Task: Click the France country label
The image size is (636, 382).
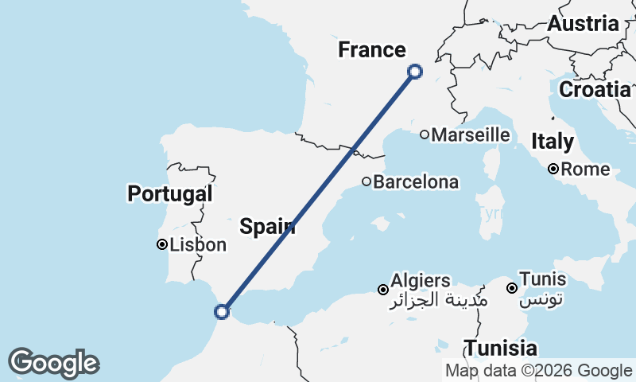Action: [371, 50]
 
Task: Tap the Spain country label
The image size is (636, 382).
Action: [268, 227]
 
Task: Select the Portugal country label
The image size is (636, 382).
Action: [169, 193]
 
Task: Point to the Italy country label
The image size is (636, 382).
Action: [553, 142]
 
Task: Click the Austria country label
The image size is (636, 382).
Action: [583, 24]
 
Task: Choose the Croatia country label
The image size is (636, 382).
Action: [595, 89]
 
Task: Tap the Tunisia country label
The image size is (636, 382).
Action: [501, 348]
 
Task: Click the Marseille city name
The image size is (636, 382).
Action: [471, 134]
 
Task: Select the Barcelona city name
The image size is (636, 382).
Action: [416, 182]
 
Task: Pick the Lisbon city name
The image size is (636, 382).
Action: [197, 245]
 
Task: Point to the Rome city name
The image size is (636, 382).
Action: [587, 170]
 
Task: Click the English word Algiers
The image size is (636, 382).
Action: [421, 281]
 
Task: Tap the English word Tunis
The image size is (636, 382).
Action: [545, 279]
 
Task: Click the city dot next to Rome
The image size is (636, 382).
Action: [553, 169]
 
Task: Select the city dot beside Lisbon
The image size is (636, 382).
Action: [161, 245]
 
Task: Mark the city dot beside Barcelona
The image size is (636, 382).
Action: [366, 181]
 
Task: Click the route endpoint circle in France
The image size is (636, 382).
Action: [414, 72]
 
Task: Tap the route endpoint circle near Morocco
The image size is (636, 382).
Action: [222, 312]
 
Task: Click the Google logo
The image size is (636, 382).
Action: [53, 363]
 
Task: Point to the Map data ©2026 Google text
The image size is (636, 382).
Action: [538, 370]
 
